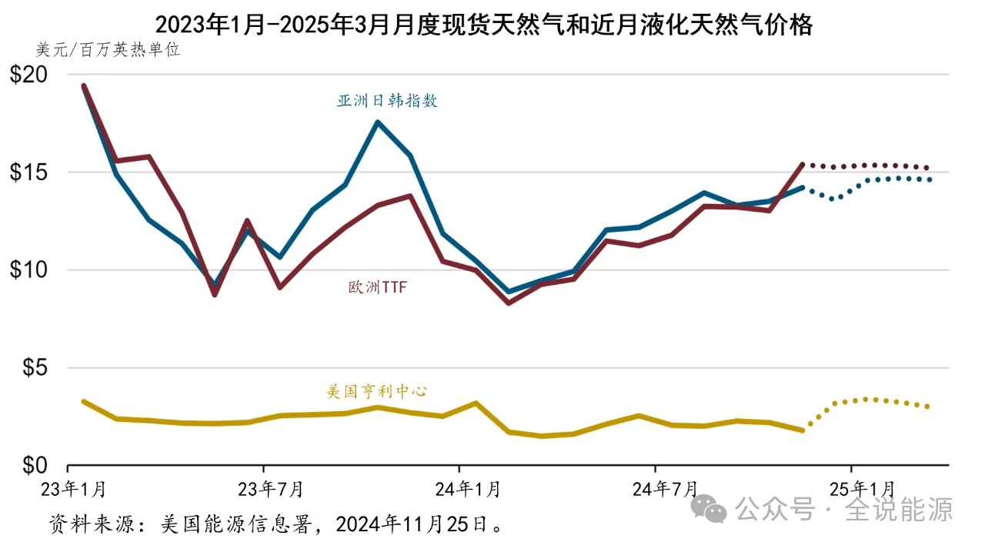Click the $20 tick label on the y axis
point(29,75)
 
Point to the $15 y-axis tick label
point(29,172)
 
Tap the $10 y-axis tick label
point(29,270)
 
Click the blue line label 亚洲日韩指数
point(387,101)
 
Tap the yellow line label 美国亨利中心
point(377,391)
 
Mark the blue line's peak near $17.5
point(377,122)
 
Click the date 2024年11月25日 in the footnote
point(416,526)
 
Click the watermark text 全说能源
point(899,509)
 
